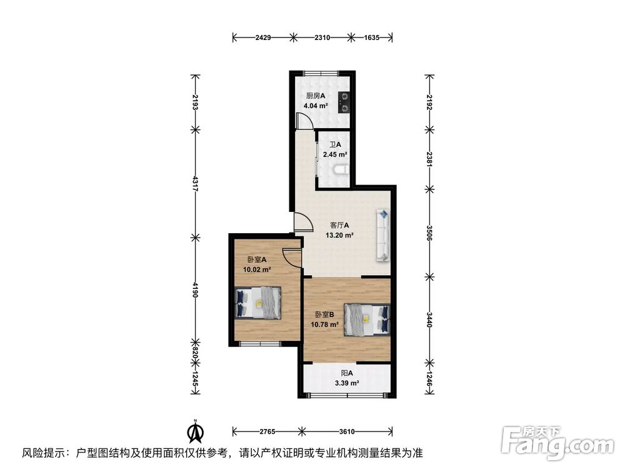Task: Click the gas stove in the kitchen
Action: (343, 103)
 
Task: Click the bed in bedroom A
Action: (259, 303)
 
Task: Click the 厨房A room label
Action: (316, 96)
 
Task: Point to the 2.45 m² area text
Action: (335, 154)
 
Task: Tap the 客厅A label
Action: (339, 225)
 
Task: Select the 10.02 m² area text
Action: (257, 270)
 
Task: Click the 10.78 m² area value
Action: (326, 325)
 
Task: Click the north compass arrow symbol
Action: (196, 431)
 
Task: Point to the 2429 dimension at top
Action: (263, 38)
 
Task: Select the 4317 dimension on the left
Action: (196, 184)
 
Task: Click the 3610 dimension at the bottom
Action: (347, 431)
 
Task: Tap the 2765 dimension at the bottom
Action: (267, 431)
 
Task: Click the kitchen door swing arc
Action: (302, 121)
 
